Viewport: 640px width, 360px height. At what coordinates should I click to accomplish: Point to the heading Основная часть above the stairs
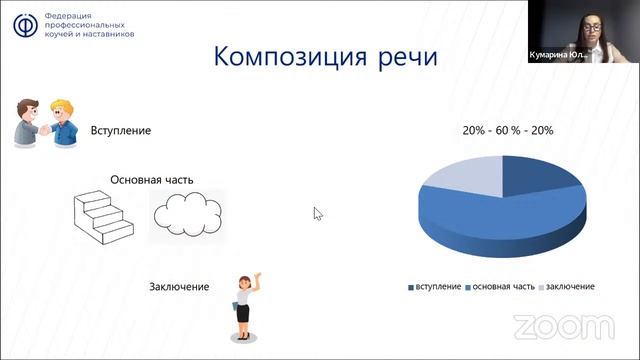pos(151,180)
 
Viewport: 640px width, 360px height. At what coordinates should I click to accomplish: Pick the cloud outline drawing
pos(186,211)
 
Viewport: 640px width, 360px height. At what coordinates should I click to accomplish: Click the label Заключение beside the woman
pos(179,288)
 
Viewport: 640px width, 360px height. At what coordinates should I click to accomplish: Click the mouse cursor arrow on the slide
pos(318,213)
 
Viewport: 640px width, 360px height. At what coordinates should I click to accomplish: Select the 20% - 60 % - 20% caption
pos(507,131)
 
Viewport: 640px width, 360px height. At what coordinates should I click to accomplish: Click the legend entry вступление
pos(436,287)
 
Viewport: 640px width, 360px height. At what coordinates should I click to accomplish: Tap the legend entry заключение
pos(567,287)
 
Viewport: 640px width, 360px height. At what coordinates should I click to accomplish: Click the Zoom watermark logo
pos(564,327)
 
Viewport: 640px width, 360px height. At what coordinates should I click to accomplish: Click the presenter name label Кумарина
pos(554,57)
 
